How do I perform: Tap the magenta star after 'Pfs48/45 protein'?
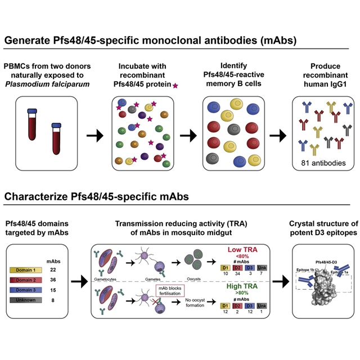[175, 85]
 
